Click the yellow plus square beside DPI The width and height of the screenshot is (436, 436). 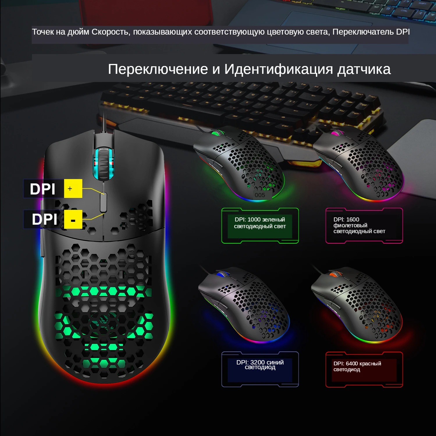pos(73,189)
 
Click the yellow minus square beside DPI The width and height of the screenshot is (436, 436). pos(73,219)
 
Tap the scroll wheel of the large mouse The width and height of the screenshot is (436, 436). pos(103,164)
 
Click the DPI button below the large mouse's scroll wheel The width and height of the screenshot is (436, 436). pos(103,202)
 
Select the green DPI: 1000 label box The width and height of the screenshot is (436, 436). pos(260,226)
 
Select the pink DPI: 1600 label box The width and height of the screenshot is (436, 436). pos(364,226)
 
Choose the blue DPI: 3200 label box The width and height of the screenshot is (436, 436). pos(260,369)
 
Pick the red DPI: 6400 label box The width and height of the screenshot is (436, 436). pos(364,369)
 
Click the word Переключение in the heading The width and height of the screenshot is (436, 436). pos(158,69)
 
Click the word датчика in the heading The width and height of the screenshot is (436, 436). pos(364,69)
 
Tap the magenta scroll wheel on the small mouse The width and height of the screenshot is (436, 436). pos(336,133)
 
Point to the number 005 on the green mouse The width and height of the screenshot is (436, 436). pos(260,195)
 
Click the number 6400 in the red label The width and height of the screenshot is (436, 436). pos(352,364)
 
